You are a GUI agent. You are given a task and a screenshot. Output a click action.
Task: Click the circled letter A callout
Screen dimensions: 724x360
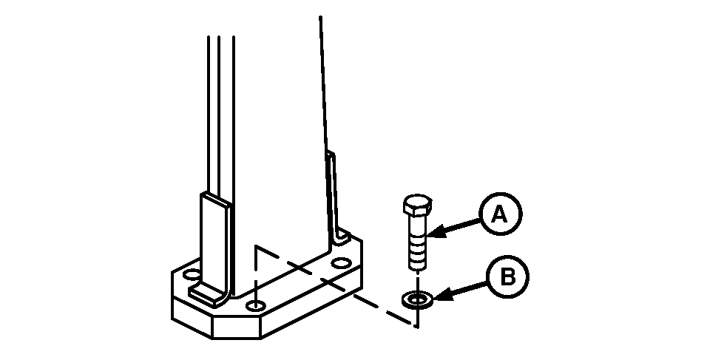pyautogui.click(x=501, y=214)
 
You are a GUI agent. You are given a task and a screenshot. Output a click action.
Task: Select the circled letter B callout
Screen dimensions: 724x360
pyautogui.click(x=508, y=277)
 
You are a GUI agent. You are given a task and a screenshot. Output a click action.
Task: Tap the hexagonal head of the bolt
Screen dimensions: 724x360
pyautogui.click(x=417, y=205)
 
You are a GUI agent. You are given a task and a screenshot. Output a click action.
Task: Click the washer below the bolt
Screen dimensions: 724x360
pyautogui.click(x=417, y=300)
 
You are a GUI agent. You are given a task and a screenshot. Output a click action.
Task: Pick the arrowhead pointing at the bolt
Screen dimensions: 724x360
pyautogui.click(x=436, y=231)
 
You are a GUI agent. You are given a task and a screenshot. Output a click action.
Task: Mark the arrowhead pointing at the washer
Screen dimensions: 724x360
pyautogui.click(x=442, y=295)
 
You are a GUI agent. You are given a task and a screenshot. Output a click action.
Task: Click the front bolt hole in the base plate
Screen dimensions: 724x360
pyautogui.click(x=255, y=305)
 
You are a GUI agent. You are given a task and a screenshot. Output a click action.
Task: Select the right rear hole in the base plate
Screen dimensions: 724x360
pyautogui.click(x=342, y=264)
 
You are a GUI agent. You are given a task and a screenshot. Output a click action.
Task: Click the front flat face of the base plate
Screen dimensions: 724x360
pyautogui.click(x=236, y=327)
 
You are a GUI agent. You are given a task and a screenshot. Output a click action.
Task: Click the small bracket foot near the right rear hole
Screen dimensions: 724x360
pyautogui.click(x=342, y=236)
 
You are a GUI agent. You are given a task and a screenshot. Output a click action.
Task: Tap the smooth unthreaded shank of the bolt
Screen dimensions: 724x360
pyautogui.click(x=417, y=226)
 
